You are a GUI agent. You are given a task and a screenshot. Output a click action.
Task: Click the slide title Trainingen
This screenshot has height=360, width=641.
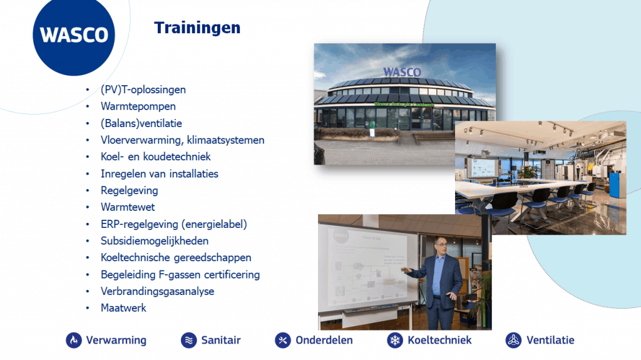click(197, 28)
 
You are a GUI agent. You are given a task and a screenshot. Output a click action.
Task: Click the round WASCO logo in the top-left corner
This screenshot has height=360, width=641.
click(74, 35)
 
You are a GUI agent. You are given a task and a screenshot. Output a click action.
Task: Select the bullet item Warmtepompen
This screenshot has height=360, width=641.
click(138, 106)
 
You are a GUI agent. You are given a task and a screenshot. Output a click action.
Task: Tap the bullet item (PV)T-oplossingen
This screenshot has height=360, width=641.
click(143, 90)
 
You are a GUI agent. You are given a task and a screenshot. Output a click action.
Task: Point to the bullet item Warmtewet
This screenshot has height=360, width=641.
click(128, 207)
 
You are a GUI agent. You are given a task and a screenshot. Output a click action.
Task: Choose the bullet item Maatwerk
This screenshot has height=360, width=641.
click(123, 308)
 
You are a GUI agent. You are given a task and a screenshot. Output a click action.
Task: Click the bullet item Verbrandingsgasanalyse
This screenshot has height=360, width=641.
click(157, 291)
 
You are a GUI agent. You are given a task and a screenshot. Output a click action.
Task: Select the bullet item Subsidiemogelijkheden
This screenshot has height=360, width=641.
click(155, 240)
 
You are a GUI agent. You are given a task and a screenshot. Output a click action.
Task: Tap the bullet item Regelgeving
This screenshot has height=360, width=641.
click(129, 190)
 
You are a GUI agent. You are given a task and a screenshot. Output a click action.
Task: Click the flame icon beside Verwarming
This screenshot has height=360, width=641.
click(74, 340)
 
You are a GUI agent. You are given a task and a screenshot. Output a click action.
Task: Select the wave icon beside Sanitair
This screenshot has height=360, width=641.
click(188, 340)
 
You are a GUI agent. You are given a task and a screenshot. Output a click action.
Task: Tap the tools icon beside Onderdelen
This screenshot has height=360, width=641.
click(283, 340)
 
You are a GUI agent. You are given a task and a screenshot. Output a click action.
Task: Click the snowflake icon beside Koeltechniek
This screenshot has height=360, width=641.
click(395, 340)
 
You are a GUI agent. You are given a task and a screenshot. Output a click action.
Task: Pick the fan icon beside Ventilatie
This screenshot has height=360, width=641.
click(513, 340)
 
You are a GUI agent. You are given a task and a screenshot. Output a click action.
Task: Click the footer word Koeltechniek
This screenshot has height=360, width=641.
click(439, 340)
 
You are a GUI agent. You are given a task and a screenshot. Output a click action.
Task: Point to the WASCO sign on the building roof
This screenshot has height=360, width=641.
click(402, 72)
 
